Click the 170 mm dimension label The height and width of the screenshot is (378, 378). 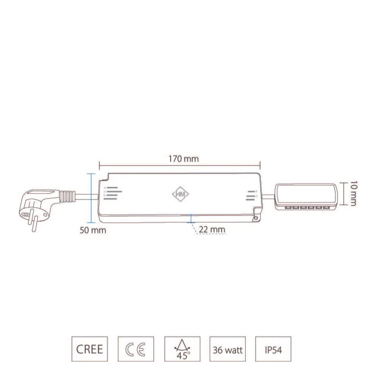point(183,158)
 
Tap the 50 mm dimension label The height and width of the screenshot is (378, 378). point(93,230)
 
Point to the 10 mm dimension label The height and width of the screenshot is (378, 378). point(353,194)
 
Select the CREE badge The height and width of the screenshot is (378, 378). point(90,349)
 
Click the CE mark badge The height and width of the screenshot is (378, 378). point(136,349)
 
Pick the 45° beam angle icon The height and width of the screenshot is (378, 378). point(182,349)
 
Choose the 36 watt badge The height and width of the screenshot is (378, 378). point(228,349)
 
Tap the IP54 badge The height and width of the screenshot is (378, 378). point(273,349)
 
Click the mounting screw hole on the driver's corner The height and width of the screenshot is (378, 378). point(256,217)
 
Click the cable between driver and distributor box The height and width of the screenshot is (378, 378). point(269,195)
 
